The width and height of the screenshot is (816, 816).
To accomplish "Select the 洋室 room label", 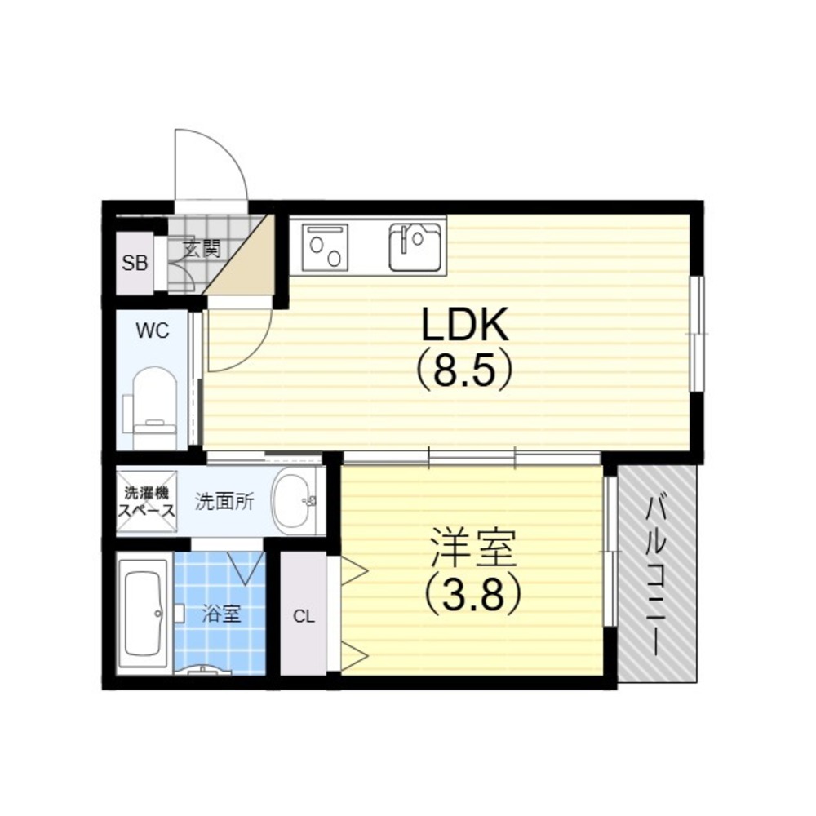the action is [x=472, y=548].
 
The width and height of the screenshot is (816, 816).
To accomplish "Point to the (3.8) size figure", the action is [x=472, y=593].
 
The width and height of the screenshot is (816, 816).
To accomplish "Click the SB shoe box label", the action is [x=135, y=264].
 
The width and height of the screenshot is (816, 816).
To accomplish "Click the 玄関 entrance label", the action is [x=202, y=250].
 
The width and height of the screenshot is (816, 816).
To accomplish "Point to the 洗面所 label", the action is [x=224, y=502].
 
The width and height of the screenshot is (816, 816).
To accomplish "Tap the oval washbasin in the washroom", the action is [x=294, y=501].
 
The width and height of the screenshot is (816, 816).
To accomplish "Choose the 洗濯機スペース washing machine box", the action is [x=147, y=501].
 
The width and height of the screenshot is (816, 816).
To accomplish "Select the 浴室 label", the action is [x=222, y=614].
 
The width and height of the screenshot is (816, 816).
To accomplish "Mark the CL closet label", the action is [x=304, y=617].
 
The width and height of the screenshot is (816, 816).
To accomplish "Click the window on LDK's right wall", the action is [x=697, y=333].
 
